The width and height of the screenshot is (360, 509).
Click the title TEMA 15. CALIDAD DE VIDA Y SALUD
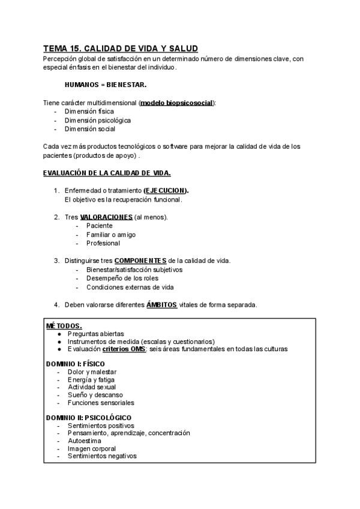121,48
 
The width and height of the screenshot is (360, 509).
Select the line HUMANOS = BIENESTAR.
106,85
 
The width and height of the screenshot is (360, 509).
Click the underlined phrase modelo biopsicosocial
176,103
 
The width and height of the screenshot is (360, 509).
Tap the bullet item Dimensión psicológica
97,120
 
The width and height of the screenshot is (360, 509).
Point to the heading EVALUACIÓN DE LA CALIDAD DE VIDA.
107,173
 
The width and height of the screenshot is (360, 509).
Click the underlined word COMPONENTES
140,261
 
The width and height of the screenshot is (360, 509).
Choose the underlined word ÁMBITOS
161,304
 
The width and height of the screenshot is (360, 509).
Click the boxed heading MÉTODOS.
64,325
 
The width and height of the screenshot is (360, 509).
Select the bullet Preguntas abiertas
95,333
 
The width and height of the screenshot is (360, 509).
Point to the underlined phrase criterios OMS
124,349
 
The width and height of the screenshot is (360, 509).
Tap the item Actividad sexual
92,387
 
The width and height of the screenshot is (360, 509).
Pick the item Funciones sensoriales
101,403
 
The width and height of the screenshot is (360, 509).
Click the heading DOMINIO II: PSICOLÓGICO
89,418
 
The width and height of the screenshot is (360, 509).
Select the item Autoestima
84,441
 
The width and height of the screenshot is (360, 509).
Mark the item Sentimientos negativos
102,456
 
